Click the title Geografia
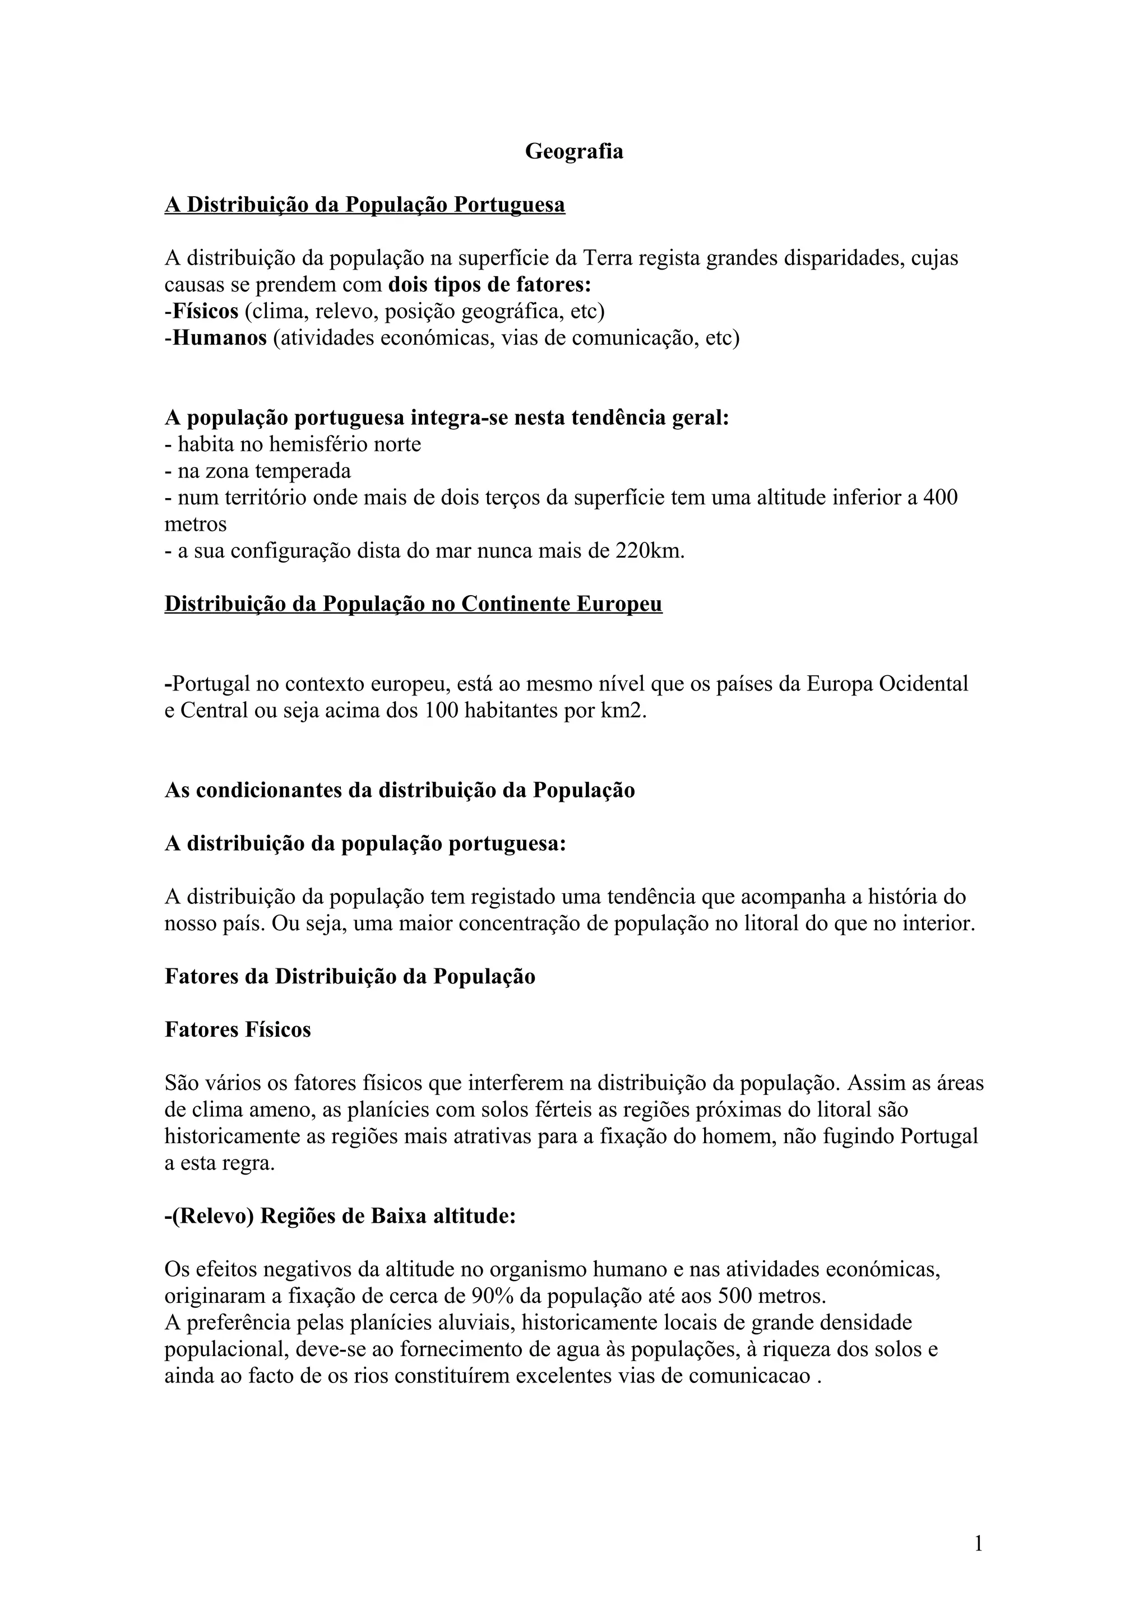pyautogui.click(x=573, y=152)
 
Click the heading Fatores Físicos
pyautogui.click(x=238, y=1029)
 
